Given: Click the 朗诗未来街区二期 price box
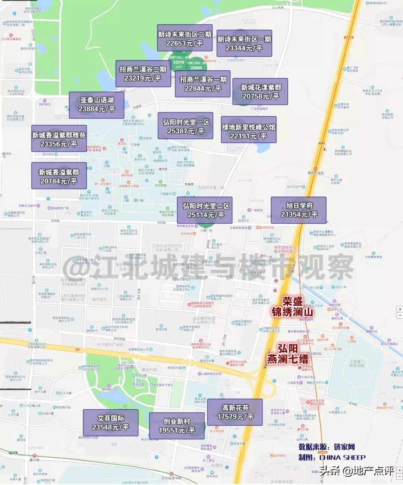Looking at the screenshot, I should [185, 38].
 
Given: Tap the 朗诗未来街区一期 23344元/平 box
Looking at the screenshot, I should [244, 43].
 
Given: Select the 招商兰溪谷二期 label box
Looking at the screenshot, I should [143, 73].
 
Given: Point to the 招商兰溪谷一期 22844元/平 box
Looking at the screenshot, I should [203, 84].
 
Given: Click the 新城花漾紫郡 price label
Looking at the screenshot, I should [260, 92].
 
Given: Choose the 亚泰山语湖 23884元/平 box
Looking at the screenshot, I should [97, 105].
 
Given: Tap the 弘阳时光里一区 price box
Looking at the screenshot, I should [186, 126].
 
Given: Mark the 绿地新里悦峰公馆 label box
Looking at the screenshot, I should [249, 131].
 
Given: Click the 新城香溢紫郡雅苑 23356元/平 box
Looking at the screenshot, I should [59, 139].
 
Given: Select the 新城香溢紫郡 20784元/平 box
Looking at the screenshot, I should [59, 176].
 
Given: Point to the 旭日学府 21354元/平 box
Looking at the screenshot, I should [299, 210].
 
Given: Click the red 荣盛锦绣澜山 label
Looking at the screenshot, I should [292, 306].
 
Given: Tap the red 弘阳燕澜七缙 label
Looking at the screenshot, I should [288, 354].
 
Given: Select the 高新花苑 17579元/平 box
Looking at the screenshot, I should [235, 412].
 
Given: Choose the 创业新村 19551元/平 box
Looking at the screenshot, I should [177, 425].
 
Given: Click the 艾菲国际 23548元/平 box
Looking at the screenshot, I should [111, 422].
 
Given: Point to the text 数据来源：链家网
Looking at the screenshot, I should [327, 447].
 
